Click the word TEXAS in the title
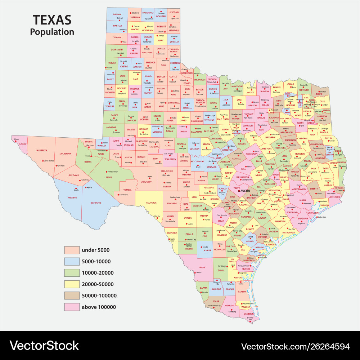pyautogui.click(x=52, y=20)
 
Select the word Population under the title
pyautogui.click(x=52, y=32)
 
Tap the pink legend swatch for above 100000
pyautogui.click(x=71, y=307)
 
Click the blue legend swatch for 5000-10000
pyautogui.click(x=71, y=261)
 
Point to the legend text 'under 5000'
pyautogui.click(x=95, y=250)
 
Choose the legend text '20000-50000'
pyautogui.click(x=98, y=284)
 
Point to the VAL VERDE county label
pyautogui.click(x=151, y=203)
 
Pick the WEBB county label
pyautogui.click(x=202, y=267)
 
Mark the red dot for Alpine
pyautogui.click(x=86, y=187)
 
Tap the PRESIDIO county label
pyautogui.click(x=72, y=197)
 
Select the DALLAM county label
pyautogui.click(x=117, y=14)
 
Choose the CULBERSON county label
pyautogui.click(x=66, y=154)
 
